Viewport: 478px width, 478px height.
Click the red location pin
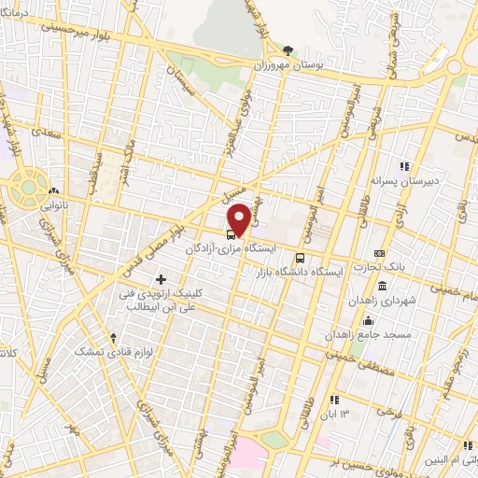pos(240,218)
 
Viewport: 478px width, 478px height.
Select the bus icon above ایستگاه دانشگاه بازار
pos(300,258)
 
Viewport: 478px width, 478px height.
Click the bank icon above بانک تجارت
pos(379,253)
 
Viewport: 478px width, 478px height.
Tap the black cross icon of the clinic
pos(161,279)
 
